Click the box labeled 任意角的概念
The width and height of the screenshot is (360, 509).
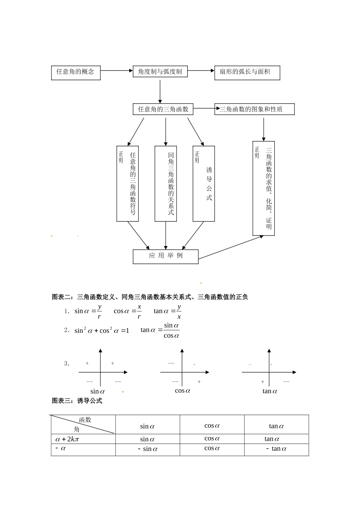pos(76,72)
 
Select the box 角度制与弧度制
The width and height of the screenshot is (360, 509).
pos(160,72)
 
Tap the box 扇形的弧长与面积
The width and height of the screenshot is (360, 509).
pos(247,72)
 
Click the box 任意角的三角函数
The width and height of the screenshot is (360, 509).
pos(163,109)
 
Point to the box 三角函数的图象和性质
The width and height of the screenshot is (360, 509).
pos(254,109)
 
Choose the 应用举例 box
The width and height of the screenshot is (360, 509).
pos(166,256)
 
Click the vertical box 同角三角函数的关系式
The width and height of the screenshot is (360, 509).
pos(166,184)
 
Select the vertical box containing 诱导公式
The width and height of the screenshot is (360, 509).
pos(204,184)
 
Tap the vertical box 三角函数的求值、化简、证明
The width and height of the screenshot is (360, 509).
pos(264,188)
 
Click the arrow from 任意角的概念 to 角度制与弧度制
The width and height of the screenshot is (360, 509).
pos(116,70)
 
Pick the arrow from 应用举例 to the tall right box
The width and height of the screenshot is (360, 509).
pos(230,248)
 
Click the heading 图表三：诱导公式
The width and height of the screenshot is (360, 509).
pos(77,401)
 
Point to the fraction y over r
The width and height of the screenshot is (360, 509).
pos(99,311)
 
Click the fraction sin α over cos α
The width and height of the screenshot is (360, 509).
pos(171,330)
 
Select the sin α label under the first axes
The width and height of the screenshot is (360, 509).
pos(97,392)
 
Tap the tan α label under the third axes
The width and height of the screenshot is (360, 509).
pos(270,391)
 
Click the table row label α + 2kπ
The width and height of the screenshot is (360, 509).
pos(67,439)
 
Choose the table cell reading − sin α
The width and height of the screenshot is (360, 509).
pos(147,449)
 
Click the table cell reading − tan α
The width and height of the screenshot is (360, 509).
pos(276,449)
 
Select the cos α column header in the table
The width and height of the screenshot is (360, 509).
pos(212,426)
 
